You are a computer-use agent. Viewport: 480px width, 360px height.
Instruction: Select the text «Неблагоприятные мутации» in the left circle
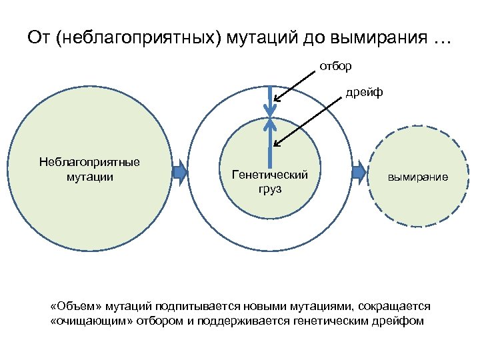(x=89, y=169)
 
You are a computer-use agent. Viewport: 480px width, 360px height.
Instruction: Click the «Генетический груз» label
(x=269, y=182)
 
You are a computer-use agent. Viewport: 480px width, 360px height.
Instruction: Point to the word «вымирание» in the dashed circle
(x=418, y=178)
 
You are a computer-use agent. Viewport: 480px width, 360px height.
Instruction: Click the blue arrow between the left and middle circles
(x=180, y=173)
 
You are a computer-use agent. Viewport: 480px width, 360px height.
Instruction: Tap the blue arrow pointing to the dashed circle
(x=359, y=173)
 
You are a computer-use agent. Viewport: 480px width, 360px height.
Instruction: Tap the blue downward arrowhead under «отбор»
(x=269, y=107)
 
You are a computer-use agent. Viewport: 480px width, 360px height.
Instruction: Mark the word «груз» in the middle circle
(x=269, y=189)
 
